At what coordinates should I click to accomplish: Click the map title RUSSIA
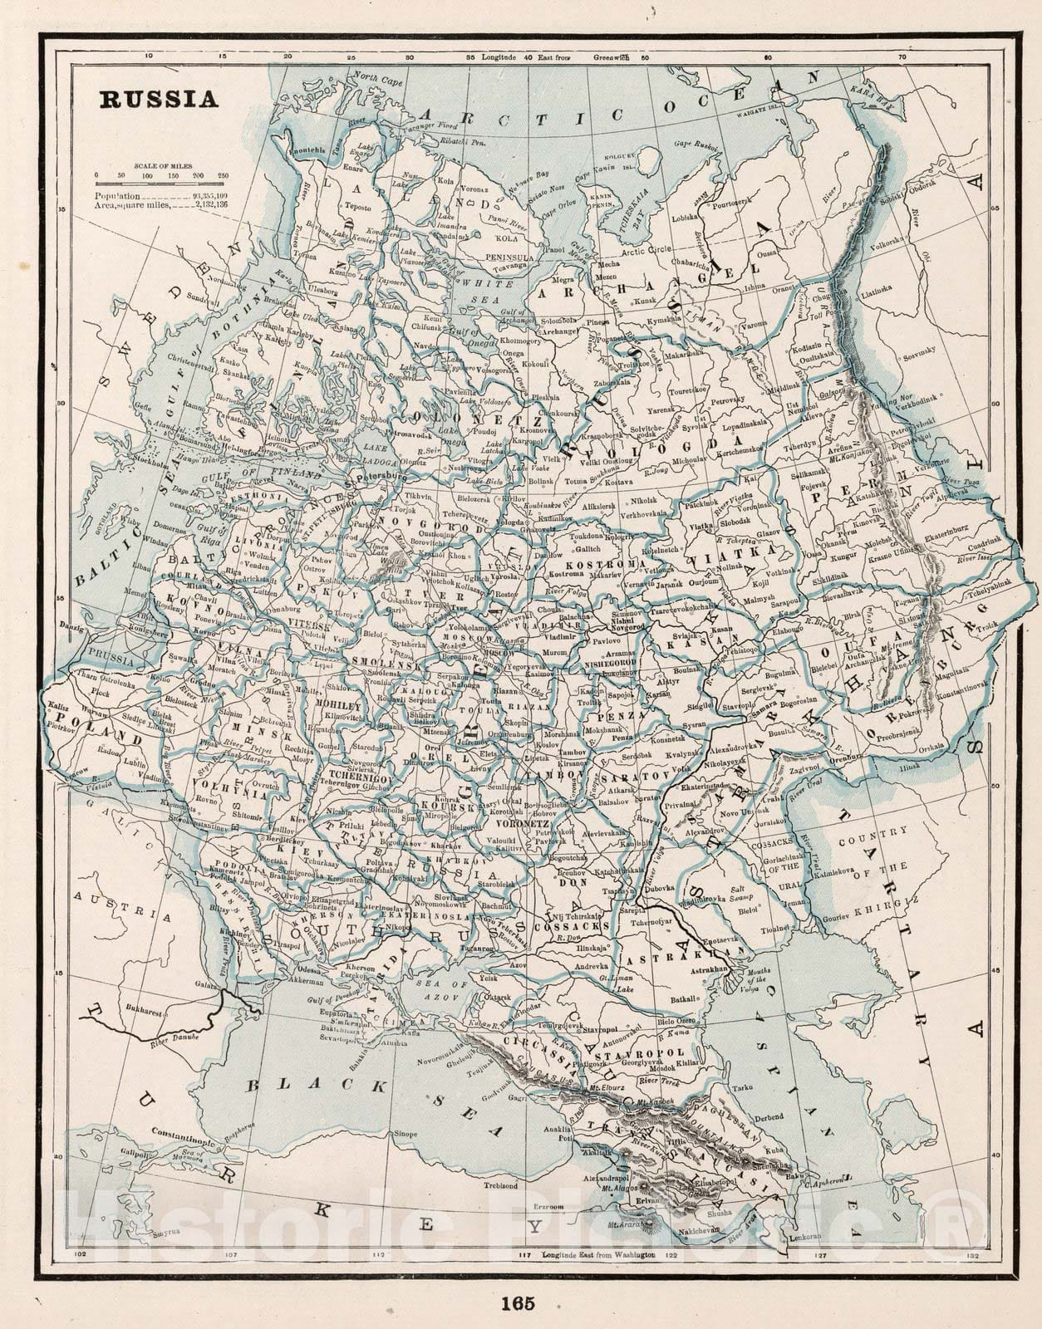point(159,100)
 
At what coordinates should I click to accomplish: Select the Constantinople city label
point(184,1132)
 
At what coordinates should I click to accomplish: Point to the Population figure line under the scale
point(160,193)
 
